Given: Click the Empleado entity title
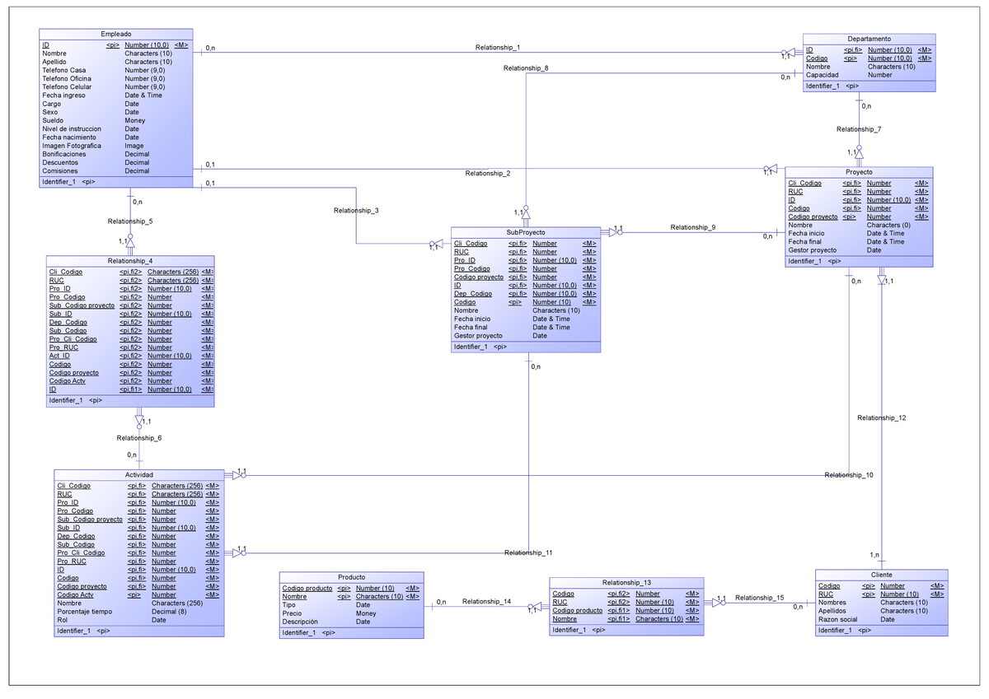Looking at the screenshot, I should pyautogui.click(x=115, y=33).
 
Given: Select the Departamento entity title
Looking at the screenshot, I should pyautogui.click(x=869, y=39).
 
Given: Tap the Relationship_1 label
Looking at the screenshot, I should pyautogui.click(x=497, y=48).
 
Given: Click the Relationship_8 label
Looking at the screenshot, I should pyautogui.click(x=525, y=68).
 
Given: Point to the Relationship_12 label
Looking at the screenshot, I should pyautogui.click(x=881, y=418).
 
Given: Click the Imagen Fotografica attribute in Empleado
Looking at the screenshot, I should pyautogui.click(x=72, y=146).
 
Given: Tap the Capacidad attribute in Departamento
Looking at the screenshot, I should pyautogui.click(x=823, y=75).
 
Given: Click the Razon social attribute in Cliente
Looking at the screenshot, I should pyautogui.click(x=837, y=620).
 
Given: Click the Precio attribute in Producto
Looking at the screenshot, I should pyautogui.click(x=292, y=613).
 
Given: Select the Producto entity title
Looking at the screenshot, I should pyautogui.click(x=351, y=577).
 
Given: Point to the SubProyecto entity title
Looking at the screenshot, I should pyautogui.click(x=525, y=232).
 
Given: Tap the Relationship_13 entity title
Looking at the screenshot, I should pyautogui.click(x=626, y=582).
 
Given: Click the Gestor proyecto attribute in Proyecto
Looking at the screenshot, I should pyautogui.click(x=812, y=250).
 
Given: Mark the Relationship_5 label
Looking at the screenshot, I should pyautogui.click(x=129, y=221).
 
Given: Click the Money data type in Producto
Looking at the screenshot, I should pyautogui.click(x=366, y=613).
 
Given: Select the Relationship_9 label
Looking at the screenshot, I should pyautogui.click(x=693, y=227).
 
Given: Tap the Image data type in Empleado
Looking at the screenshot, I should pyautogui.click(x=134, y=146).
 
